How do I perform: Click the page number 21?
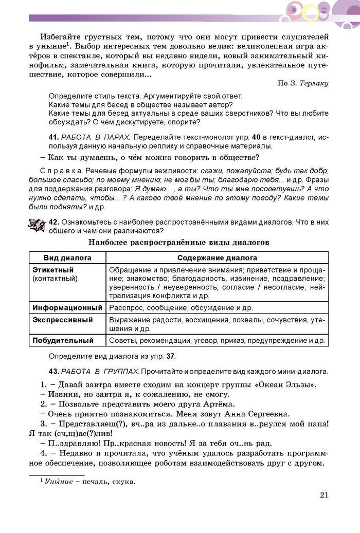pyautogui.click(x=323, y=495)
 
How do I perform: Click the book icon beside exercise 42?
pyautogui.click(x=37, y=224)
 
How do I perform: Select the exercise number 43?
pyautogui.click(x=54, y=371)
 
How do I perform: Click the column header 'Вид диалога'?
pyautogui.click(x=67, y=258)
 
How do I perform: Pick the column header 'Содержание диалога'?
pyautogui.click(x=217, y=258)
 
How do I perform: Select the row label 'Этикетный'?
pyautogui.click(x=53, y=269)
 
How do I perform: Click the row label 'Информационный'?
pyautogui.click(x=67, y=307)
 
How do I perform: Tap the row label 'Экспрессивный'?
pyautogui.click(x=62, y=320)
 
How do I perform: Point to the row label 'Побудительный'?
pyautogui.click(x=63, y=340)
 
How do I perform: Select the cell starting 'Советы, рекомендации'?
pyautogui.click(x=217, y=340)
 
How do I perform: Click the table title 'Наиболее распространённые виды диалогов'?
pyautogui.click(x=179, y=242)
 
